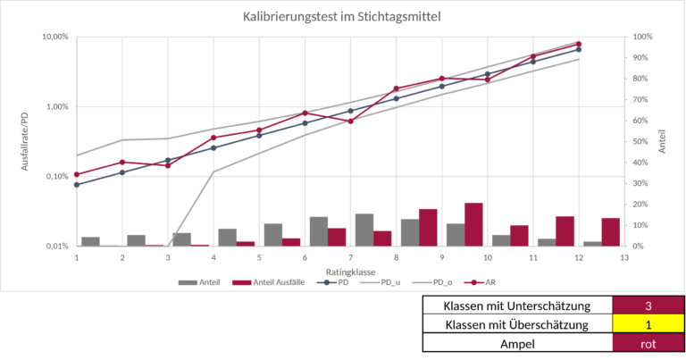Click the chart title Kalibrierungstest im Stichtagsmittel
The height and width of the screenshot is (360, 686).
point(342,16)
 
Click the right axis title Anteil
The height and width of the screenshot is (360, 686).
point(662,141)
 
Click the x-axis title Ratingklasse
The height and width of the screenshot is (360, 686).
point(350,270)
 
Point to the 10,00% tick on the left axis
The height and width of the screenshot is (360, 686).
point(55,37)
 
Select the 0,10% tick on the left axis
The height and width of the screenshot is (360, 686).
point(55,176)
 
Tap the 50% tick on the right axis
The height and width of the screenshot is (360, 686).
point(642,141)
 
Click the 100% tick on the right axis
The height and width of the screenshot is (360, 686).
point(642,37)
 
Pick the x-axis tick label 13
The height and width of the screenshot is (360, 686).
point(624,257)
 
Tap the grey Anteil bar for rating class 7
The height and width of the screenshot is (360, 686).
point(364,230)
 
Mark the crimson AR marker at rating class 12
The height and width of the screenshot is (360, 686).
point(579,44)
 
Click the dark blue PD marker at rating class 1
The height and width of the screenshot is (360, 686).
point(77,185)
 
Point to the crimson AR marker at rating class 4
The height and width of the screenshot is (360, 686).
point(213,138)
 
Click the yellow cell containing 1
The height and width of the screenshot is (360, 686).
point(648,323)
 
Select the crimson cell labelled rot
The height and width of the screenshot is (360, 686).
point(648,342)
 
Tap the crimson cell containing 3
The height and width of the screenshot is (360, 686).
point(648,305)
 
